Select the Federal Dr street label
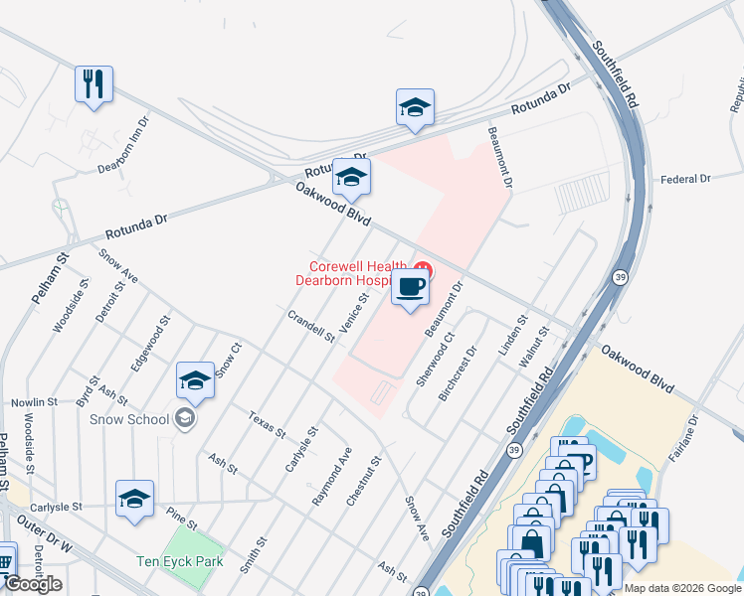[x=685, y=179]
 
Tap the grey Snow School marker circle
[x=184, y=418]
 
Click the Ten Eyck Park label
[x=180, y=561]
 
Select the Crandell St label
[x=310, y=326]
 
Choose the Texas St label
[x=267, y=425]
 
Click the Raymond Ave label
[x=332, y=477]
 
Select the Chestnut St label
[x=364, y=481]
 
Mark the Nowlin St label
[x=36, y=402]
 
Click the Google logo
[x=33, y=584]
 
